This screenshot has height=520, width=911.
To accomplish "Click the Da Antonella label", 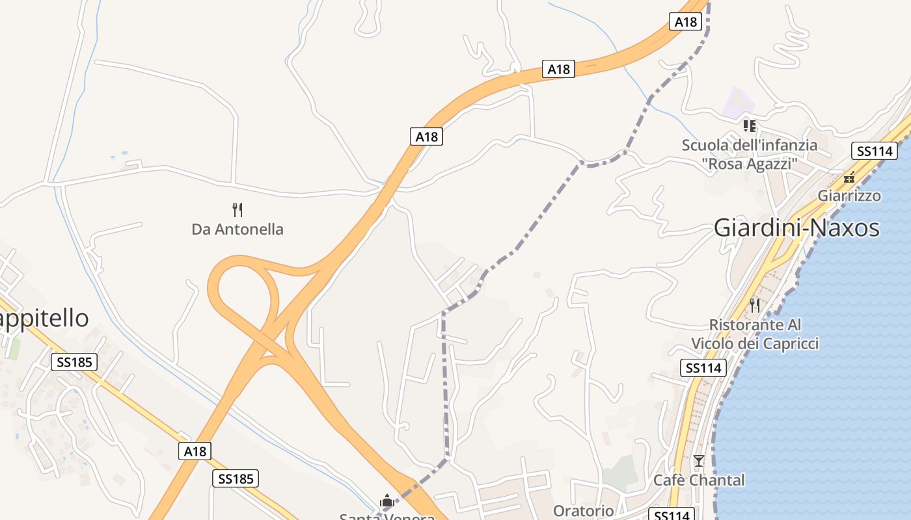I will (x=238, y=229).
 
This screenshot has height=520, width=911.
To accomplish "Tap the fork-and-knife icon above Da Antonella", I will (x=238, y=209).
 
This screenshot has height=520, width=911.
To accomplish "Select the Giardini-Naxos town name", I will (x=796, y=228).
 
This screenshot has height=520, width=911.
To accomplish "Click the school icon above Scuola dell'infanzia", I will (x=750, y=125).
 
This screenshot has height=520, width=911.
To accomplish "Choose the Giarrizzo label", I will (x=849, y=196).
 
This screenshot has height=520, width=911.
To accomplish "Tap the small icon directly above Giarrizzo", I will (x=849, y=177).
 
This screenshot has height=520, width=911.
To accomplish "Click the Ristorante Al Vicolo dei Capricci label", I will (x=755, y=334).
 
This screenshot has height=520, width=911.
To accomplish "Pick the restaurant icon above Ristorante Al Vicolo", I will (x=755, y=304).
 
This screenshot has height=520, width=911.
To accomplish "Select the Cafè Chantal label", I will (x=699, y=480).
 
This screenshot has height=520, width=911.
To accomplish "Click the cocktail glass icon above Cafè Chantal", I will (x=699, y=461).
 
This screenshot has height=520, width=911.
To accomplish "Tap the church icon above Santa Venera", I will (x=387, y=501).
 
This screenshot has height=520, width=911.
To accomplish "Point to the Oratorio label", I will (x=583, y=510).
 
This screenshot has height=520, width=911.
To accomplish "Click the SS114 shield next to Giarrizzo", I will (x=875, y=151).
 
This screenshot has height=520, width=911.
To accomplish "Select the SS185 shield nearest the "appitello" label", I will (x=74, y=362).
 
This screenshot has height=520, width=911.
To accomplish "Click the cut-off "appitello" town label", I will (x=44, y=318).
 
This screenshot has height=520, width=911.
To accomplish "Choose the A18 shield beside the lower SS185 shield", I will (x=195, y=451).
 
